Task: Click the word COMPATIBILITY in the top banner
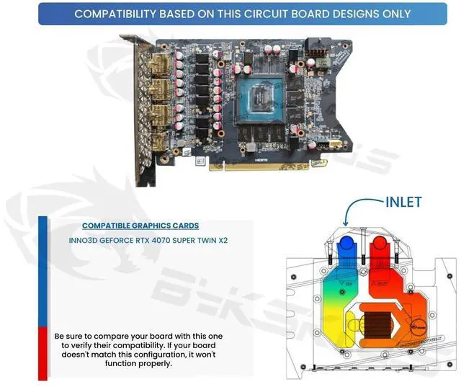[x=117, y=14]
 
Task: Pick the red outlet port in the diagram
[x=378, y=249]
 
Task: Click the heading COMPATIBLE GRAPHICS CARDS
[x=140, y=226]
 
